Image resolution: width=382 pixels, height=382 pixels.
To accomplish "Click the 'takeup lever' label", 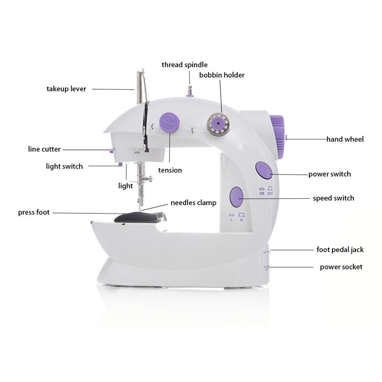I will coord(66,89).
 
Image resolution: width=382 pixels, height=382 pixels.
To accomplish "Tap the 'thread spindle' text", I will coord(184,65).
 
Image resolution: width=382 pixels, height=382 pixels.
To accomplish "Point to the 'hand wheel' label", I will coord(345,139).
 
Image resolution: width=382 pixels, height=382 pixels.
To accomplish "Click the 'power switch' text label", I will coord(329,174).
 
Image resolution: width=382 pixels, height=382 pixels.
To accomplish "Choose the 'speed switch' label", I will coord(333,198).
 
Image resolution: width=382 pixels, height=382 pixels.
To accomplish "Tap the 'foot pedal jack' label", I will coord(340,250).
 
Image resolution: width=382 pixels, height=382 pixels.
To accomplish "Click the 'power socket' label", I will coord(341,267).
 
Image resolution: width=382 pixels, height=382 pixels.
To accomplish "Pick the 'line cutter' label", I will coord(44,149).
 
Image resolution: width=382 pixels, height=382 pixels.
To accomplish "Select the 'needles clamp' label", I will coord(194,203).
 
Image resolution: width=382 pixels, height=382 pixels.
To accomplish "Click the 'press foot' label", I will coord(34,212).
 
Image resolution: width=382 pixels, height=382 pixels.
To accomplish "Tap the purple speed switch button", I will coord(236,195).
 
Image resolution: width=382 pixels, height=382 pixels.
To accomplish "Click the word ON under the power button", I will coord(262,193).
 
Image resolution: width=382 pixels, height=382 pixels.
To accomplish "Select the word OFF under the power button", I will coord(271,193).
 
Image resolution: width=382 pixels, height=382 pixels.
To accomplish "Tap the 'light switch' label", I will coord(64,167).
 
